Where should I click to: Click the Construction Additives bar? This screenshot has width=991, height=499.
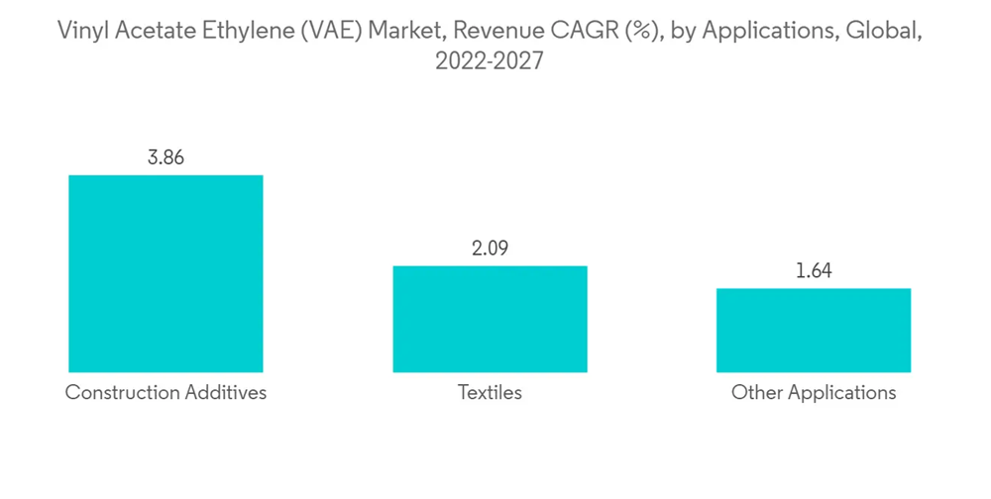tap(165, 273)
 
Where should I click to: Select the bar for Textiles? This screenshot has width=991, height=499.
tap(490, 319)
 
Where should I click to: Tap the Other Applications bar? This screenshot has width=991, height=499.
tap(814, 330)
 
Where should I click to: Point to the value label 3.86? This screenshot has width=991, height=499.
tap(166, 157)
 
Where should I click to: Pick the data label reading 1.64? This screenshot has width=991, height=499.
tap(814, 270)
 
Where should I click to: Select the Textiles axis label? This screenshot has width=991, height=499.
tap(490, 393)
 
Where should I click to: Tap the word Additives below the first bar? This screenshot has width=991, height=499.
tap(225, 393)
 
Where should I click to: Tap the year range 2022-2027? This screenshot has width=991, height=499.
tap(490, 61)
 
